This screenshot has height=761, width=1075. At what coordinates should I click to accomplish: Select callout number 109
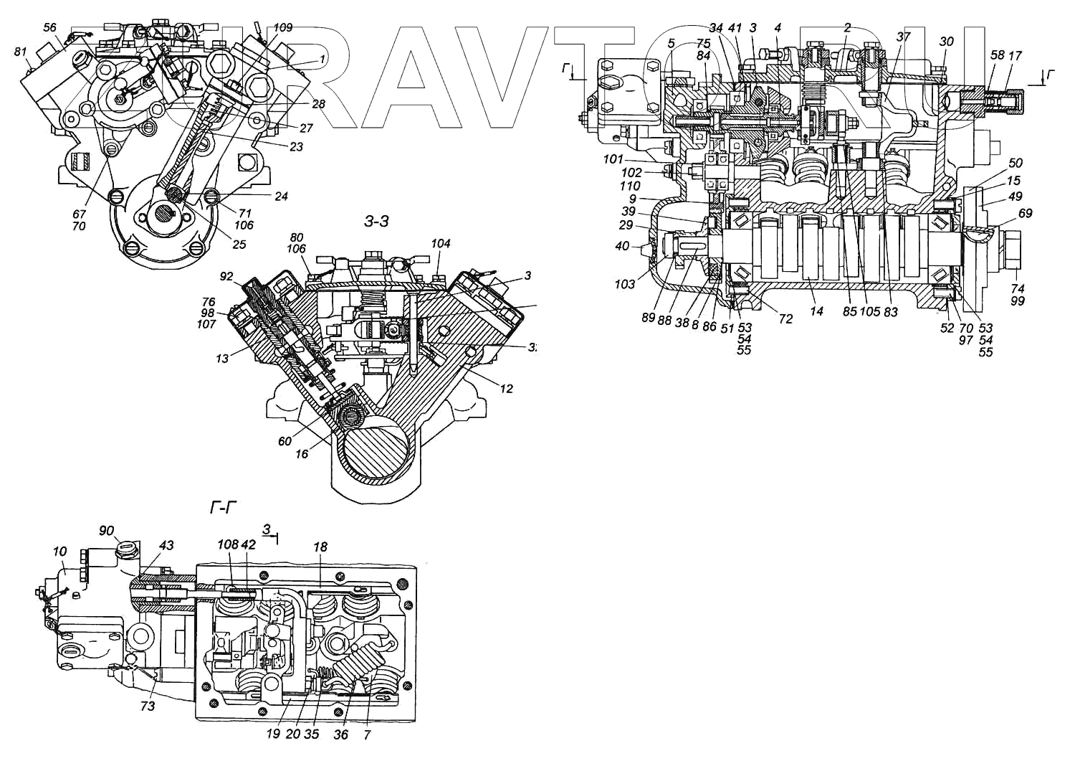(x=283, y=28)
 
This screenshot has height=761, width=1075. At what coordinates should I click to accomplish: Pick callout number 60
(x=285, y=441)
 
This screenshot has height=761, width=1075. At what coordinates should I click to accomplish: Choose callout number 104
(x=441, y=244)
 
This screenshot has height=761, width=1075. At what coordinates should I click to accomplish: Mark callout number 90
(x=107, y=530)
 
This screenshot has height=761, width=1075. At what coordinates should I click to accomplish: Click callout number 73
(x=147, y=706)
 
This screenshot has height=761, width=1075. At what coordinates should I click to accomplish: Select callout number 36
(x=341, y=734)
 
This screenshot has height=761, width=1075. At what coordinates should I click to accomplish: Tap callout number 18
(x=320, y=547)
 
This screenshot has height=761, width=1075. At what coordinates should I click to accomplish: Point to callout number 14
(x=816, y=311)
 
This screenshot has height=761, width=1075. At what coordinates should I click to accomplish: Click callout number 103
(x=624, y=284)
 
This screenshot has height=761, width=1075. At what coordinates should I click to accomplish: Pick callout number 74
(x=1018, y=288)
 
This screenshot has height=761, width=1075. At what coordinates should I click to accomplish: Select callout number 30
(x=946, y=42)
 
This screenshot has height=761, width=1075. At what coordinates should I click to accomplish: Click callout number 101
(x=613, y=159)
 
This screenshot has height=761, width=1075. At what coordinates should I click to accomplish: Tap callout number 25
(x=239, y=245)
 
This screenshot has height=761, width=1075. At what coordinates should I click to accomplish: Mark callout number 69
(x=1026, y=213)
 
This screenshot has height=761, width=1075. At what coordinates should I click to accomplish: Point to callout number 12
(x=507, y=389)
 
